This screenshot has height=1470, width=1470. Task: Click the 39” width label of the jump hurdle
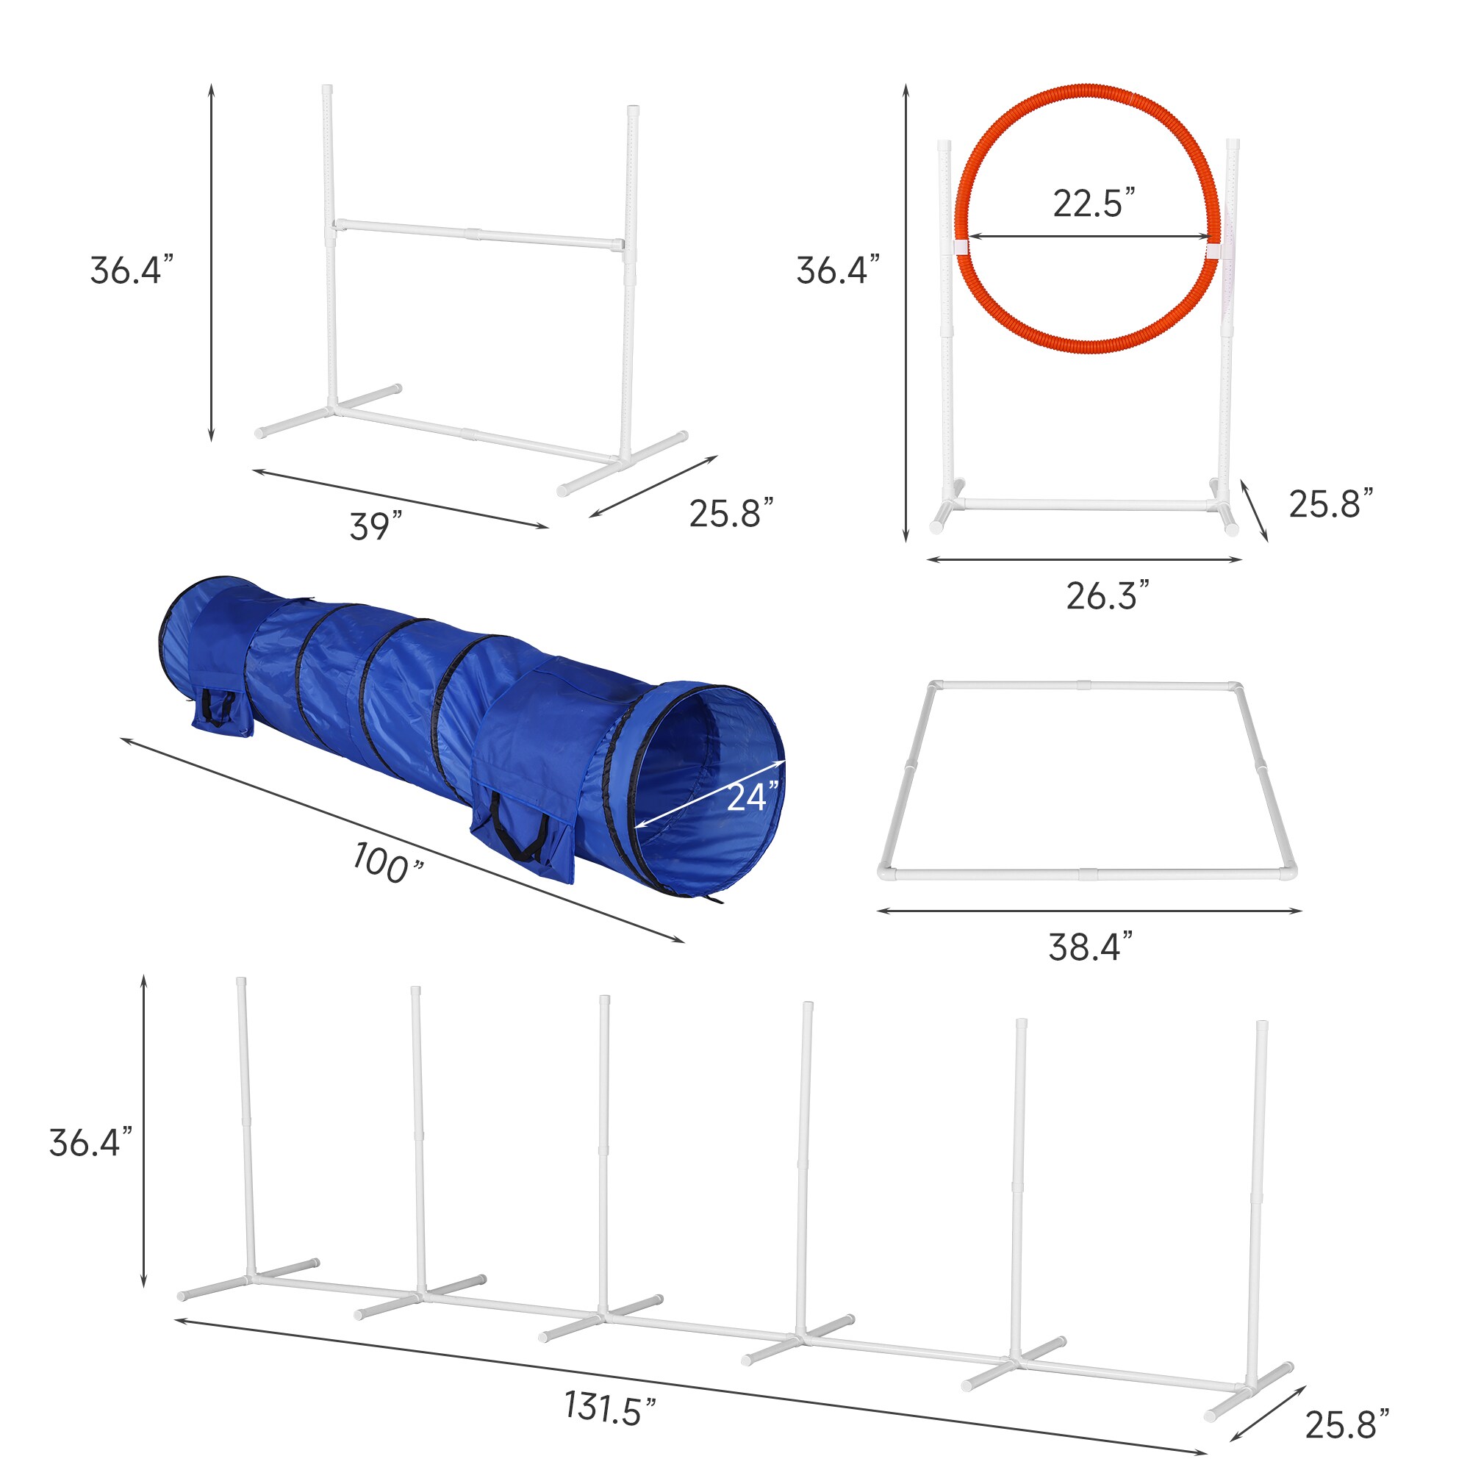(x=375, y=526)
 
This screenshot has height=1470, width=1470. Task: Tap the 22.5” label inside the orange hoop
(x=1094, y=203)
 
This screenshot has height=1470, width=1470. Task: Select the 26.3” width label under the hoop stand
(x=1107, y=596)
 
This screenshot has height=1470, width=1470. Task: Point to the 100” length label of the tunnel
(x=387, y=865)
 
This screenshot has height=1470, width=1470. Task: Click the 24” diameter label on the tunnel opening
(x=753, y=797)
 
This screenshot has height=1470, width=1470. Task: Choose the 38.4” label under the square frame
(x=1090, y=947)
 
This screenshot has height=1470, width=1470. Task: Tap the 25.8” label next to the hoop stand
(x=1331, y=503)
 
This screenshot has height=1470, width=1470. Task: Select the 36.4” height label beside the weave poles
(x=90, y=1143)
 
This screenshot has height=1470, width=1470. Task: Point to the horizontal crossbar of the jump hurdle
(x=478, y=234)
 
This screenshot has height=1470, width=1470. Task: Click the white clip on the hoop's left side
(x=959, y=247)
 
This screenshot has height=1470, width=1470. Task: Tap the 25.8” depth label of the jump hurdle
(x=731, y=514)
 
